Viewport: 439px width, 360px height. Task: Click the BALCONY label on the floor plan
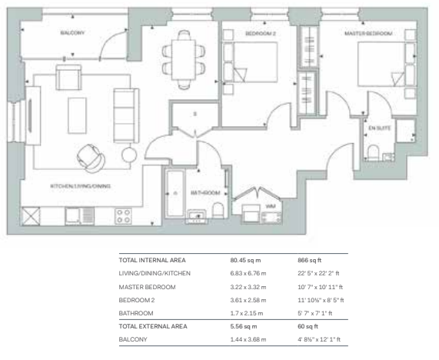click(x=72, y=33)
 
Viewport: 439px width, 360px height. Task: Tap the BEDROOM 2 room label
click(x=261, y=34)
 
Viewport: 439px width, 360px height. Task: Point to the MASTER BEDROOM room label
click(x=368, y=34)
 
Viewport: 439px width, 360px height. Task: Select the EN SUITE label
click(x=380, y=128)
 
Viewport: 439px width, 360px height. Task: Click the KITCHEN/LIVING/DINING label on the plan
click(x=81, y=186)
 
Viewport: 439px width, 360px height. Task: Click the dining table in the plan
click(x=184, y=60)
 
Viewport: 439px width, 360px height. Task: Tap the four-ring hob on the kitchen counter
click(x=124, y=216)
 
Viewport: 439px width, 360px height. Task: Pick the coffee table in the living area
click(x=77, y=115)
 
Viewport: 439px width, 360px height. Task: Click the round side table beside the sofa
click(x=129, y=155)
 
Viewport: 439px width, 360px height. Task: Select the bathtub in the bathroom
click(x=175, y=193)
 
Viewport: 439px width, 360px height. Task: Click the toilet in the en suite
click(x=373, y=153)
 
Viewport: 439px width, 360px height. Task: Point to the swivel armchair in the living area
click(x=91, y=158)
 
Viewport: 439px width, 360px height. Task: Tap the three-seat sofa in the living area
click(x=126, y=115)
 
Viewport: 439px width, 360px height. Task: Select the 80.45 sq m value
click(x=245, y=260)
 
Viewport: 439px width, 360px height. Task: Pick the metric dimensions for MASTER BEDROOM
click(x=248, y=287)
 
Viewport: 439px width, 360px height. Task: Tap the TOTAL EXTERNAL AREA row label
click(x=153, y=326)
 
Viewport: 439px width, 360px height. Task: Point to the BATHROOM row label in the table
click(x=136, y=313)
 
